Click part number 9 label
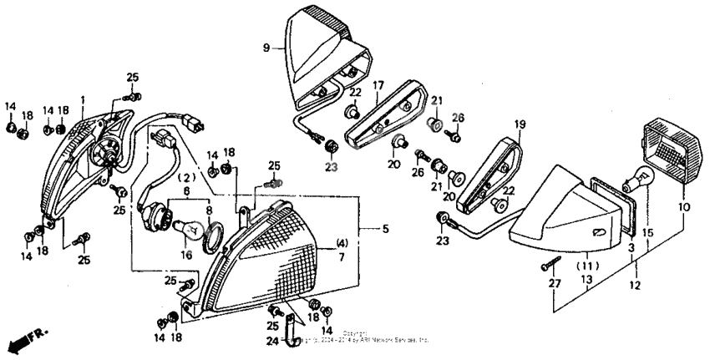tap(266, 48)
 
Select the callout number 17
tap(378, 85)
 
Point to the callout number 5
tap(385, 227)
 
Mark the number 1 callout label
tap(83, 100)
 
